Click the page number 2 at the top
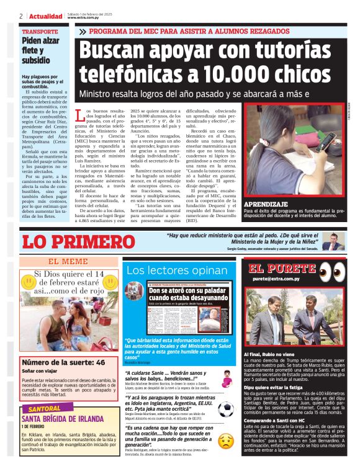coord(20,16)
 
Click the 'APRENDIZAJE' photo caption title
coord(266,204)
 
